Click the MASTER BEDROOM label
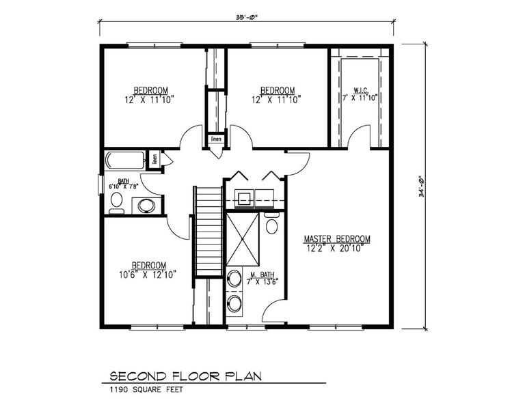(x=337, y=239)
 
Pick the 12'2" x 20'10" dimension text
(x=334, y=249)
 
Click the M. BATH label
(x=262, y=274)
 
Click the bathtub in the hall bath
(x=125, y=161)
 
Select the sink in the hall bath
(x=146, y=205)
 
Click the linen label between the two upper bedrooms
(x=216, y=139)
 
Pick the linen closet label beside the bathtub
(x=154, y=160)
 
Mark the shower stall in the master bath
(x=243, y=238)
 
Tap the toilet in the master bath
(x=271, y=224)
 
